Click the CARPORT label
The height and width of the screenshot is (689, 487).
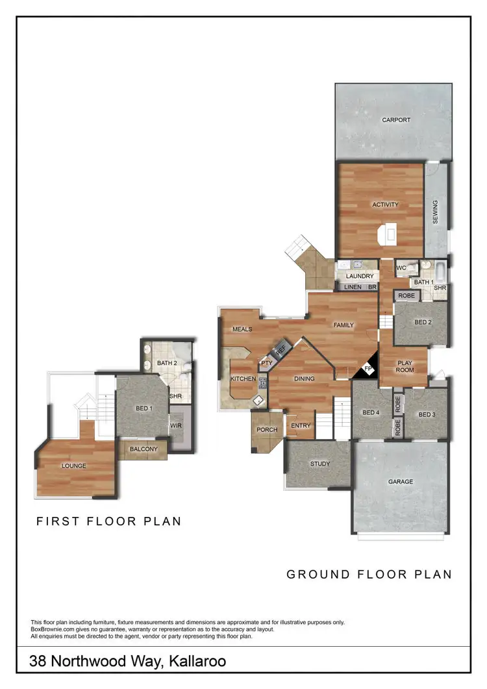click(396, 120)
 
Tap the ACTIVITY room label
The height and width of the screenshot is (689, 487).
click(385, 205)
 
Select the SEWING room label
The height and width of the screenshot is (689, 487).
click(435, 212)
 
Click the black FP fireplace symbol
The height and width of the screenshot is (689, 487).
click(368, 370)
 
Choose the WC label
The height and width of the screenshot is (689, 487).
click(401, 268)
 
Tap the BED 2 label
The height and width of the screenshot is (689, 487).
click(423, 322)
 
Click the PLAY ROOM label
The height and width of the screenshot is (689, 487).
click(405, 366)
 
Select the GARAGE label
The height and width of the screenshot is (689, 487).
click(401, 482)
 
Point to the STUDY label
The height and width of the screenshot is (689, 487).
click(319, 464)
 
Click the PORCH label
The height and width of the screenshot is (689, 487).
click(267, 430)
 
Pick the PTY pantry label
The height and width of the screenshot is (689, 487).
click(266, 363)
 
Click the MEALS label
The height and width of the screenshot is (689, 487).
click(242, 329)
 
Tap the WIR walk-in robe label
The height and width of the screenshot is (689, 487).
click(175, 426)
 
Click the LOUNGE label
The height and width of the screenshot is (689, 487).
click(75, 466)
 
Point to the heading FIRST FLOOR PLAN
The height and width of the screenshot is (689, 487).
click(108, 521)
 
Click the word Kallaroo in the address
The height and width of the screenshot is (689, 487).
click(198, 662)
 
